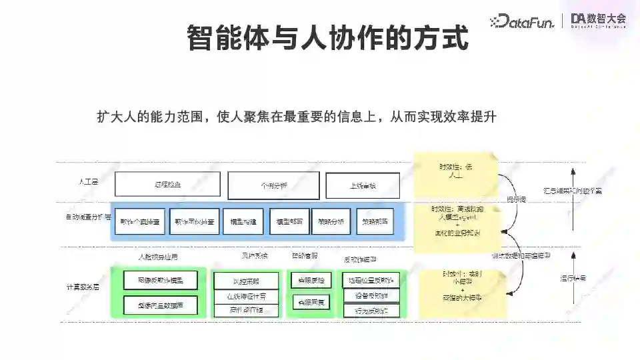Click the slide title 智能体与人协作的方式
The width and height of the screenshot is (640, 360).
(x=327, y=37)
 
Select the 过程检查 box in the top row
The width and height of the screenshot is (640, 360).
(x=167, y=185)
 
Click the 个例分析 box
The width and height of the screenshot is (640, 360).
(x=273, y=185)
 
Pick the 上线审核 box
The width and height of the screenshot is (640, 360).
(x=363, y=185)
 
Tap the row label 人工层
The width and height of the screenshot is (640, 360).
(x=87, y=181)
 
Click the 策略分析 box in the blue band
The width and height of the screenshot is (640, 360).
(x=331, y=221)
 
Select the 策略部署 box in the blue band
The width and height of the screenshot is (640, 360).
(x=375, y=221)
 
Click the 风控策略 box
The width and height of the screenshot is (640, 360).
(x=246, y=281)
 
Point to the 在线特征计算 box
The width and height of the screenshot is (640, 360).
(x=246, y=296)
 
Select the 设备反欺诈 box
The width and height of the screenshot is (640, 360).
(x=371, y=295)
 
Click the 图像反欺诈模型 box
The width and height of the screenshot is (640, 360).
(x=160, y=280)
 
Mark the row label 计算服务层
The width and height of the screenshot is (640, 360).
(x=83, y=287)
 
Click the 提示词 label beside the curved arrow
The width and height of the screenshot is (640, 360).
(x=515, y=199)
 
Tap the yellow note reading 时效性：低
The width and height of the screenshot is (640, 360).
(x=455, y=171)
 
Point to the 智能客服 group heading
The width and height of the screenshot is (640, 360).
(x=305, y=256)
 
